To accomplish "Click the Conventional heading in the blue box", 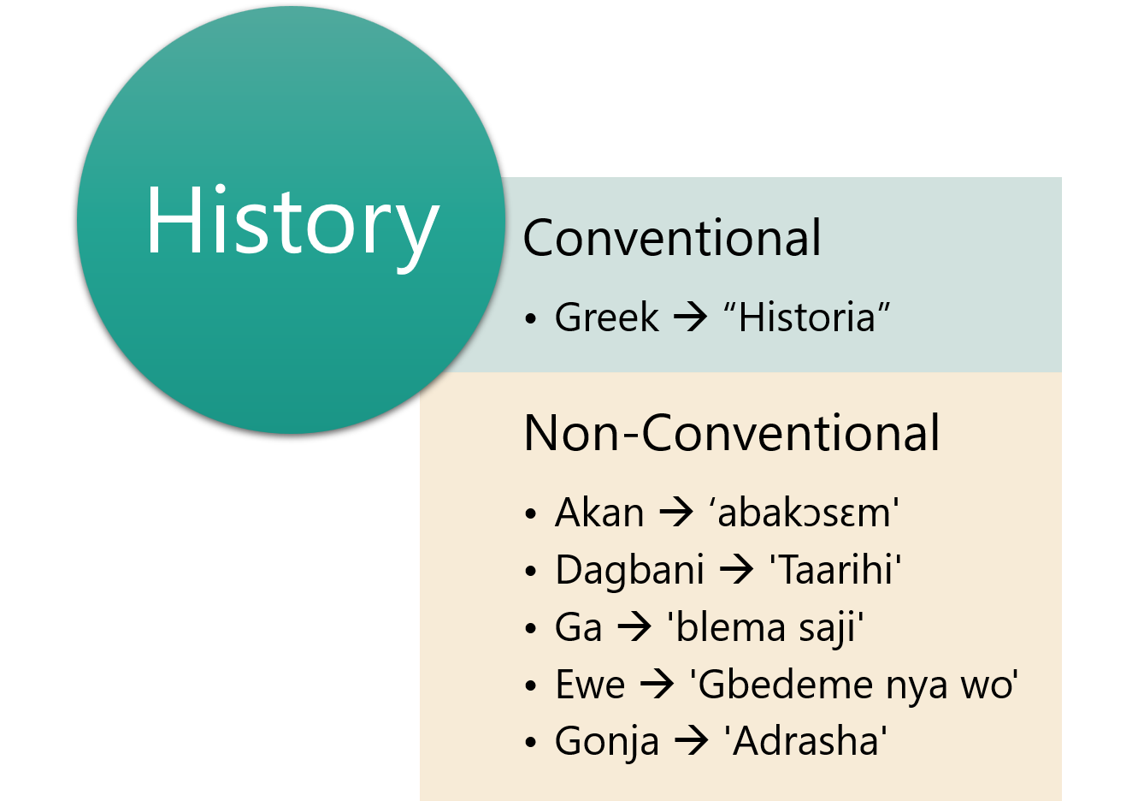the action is point(672,238).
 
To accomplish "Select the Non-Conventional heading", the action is point(731,432).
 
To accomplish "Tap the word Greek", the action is point(606,317).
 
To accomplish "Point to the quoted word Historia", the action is point(807,317).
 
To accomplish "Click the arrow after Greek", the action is point(690,317).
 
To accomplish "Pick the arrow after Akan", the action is point(675,513).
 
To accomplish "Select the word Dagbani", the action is point(630,570).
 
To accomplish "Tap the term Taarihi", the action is point(835,569).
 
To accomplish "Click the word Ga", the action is point(578,627).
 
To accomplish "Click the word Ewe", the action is point(590,685).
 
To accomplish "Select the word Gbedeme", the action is point(785,684).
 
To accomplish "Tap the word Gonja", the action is point(607,743).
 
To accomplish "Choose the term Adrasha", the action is point(805,741).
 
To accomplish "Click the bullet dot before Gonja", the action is point(531,743).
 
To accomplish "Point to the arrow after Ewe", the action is point(657,685).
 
